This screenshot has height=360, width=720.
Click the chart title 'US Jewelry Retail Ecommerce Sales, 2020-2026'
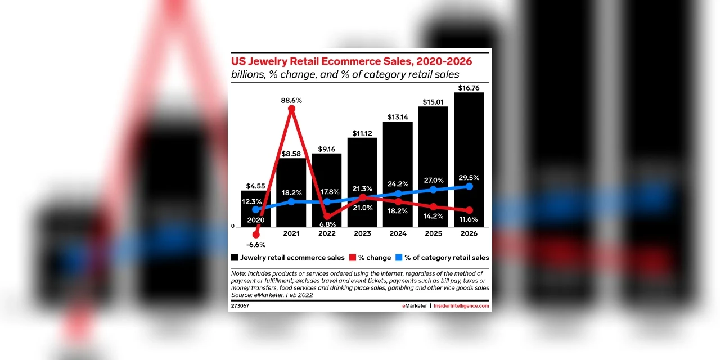pyautogui.click(x=352, y=61)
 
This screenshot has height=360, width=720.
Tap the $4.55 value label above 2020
pyautogui.click(x=256, y=186)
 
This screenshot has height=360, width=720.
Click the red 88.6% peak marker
pyautogui.click(x=291, y=109)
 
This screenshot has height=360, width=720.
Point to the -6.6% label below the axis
pyautogui.click(x=256, y=245)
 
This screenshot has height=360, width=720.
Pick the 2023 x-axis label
pyautogui.click(x=363, y=233)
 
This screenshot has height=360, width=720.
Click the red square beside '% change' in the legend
pyautogui.click(x=353, y=258)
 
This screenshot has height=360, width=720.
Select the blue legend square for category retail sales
pyautogui.click(x=398, y=258)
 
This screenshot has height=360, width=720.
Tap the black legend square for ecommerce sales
pyautogui.click(x=235, y=258)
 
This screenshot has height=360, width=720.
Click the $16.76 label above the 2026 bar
pyautogui.click(x=469, y=88)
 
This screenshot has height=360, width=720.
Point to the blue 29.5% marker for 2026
pyautogui.click(x=469, y=186)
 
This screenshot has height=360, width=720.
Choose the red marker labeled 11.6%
pyautogui.click(x=469, y=210)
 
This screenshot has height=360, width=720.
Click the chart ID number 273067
pyautogui.click(x=240, y=306)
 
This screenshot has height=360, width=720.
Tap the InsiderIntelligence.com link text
pyautogui.click(x=461, y=306)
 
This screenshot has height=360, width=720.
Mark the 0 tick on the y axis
pyautogui.click(x=233, y=226)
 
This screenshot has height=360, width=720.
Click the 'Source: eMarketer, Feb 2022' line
pyautogui.click(x=272, y=295)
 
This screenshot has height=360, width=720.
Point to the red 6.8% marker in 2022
pyautogui.click(x=327, y=216)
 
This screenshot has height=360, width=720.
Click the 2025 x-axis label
pyautogui.click(x=433, y=233)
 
